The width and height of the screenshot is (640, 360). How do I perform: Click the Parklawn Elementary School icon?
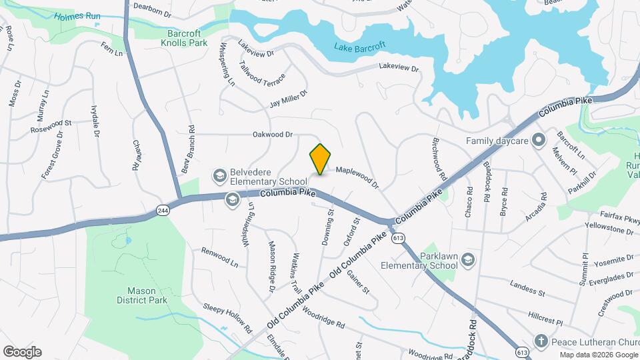468,259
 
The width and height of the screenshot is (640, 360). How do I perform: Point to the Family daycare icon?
539,141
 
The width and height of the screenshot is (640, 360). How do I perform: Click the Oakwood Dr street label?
273,135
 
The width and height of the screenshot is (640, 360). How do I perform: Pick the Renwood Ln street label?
220,257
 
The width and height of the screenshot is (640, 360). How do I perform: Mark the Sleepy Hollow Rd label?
228,319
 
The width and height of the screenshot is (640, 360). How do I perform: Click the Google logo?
22,352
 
